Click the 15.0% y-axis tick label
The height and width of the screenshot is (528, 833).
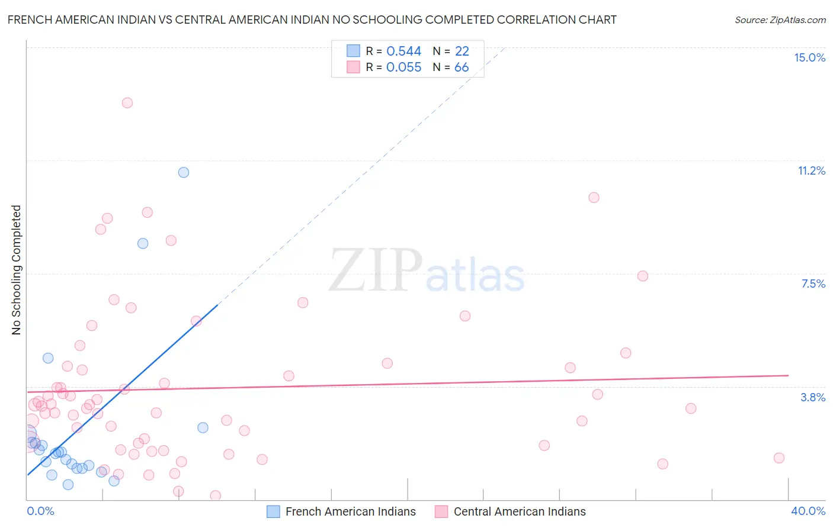point(809,57)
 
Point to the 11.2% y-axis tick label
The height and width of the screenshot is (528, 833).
point(811,170)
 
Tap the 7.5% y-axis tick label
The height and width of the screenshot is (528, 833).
point(813,284)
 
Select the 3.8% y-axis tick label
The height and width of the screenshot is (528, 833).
point(813,397)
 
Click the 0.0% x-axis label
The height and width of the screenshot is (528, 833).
point(40,511)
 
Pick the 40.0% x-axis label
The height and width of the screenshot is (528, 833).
point(808,511)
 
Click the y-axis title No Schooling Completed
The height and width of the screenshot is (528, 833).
point(17,270)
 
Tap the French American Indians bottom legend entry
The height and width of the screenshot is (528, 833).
point(341,511)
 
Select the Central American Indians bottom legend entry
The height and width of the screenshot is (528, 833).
point(510,511)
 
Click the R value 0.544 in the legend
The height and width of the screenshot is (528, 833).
point(403,51)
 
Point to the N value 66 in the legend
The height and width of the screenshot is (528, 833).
point(462,67)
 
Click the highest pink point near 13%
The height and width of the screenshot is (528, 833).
point(127,103)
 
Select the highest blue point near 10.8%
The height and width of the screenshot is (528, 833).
point(184,172)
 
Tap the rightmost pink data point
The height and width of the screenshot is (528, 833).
point(779,458)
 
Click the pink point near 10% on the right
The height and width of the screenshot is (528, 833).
point(594,198)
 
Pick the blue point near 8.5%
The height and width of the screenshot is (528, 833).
point(143,243)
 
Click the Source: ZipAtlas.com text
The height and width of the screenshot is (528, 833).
point(780,20)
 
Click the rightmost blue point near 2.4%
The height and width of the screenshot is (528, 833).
point(203,427)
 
